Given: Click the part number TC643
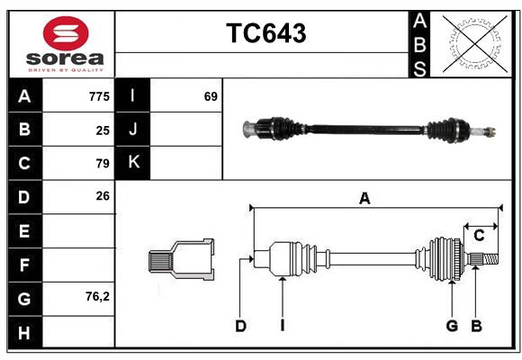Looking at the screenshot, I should click(x=265, y=33).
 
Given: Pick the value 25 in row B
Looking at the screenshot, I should click(x=103, y=130).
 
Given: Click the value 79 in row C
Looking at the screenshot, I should click(x=103, y=163).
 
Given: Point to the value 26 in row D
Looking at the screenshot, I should click(x=103, y=195).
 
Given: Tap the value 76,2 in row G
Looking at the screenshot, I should click(x=97, y=296).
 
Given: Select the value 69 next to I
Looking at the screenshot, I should click(x=211, y=96).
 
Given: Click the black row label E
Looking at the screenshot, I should click(x=24, y=230).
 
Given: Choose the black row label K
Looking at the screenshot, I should click(x=133, y=163).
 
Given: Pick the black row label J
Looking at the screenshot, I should click(x=133, y=130).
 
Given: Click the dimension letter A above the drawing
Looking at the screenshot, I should click(x=364, y=199).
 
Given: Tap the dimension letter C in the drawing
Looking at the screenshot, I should click(x=479, y=236).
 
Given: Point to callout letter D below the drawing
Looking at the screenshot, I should click(x=240, y=326).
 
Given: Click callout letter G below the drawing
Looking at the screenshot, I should click(x=452, y=326).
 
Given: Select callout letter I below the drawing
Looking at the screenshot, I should click(x=282, y=326).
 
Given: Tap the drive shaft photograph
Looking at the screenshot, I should click(x=369, y=130).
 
